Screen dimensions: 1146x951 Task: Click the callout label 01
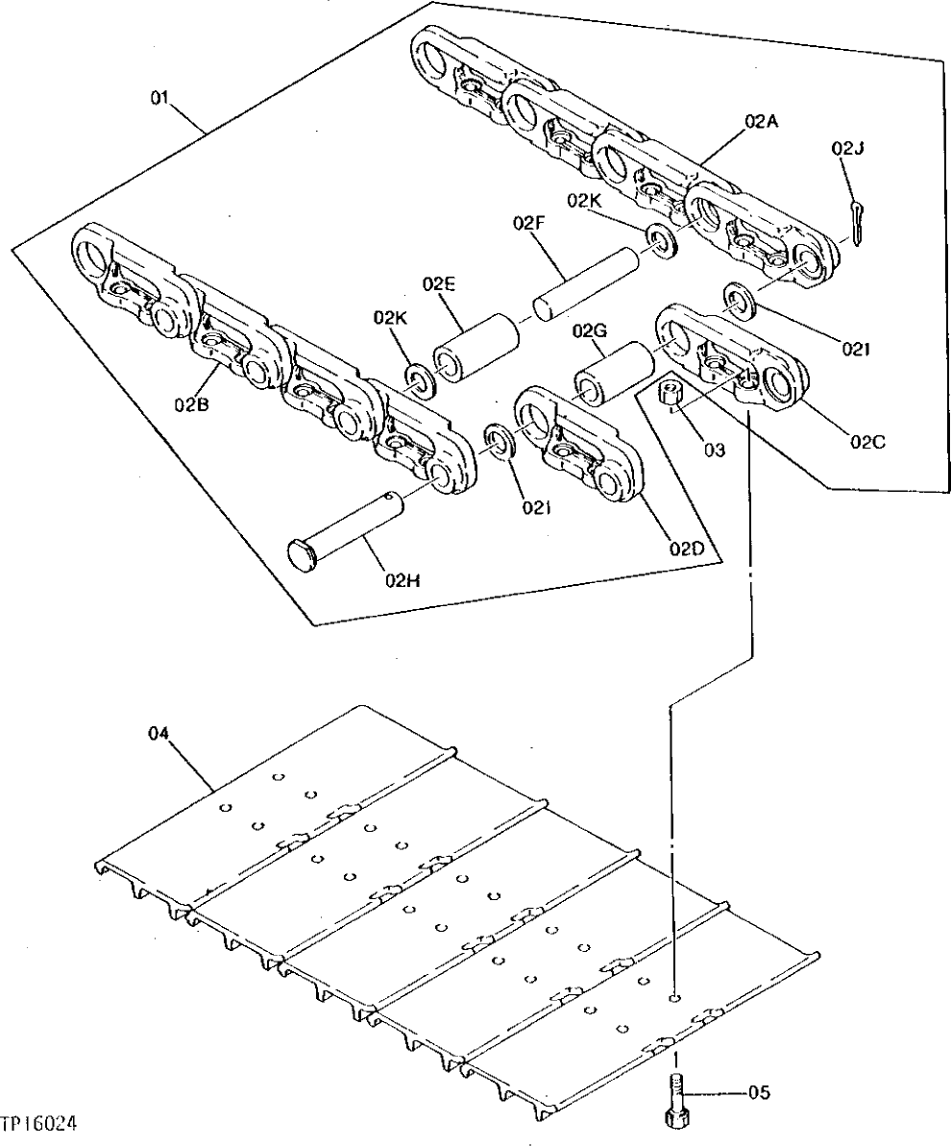tap(160, 97)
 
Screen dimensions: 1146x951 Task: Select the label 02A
tap(759, 121)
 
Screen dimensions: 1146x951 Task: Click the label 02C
tap(867, 442)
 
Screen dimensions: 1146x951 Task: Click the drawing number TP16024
tap(40, 1122)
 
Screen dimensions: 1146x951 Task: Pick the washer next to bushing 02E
tap(420, 379)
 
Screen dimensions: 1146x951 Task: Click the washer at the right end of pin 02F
tap(661, 240)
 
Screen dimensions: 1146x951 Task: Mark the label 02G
tap(589, 330)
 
